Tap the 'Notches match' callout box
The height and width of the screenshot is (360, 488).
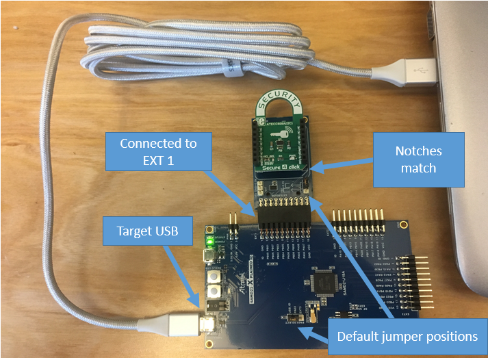pos(418,159)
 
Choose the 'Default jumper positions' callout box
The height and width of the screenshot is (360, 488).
pos(407,336)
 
